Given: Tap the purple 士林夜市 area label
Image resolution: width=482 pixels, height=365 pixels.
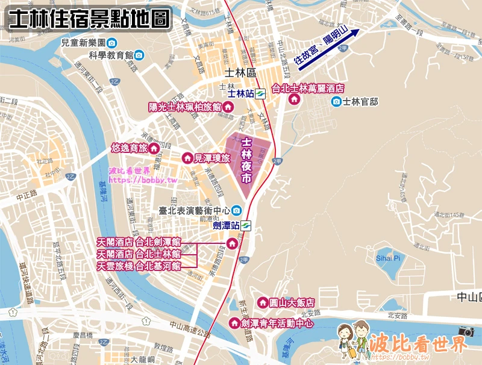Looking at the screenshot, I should [246, 160].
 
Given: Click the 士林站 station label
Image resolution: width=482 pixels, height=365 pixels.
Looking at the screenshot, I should [240, 93].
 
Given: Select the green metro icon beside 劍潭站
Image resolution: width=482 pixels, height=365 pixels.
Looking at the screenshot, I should [246, 226].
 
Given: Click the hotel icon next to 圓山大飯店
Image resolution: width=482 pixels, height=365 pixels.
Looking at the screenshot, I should [262, 302].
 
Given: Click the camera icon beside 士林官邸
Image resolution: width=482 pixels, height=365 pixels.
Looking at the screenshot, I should [336, 102].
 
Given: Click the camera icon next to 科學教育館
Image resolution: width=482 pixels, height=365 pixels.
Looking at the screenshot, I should [139, 55].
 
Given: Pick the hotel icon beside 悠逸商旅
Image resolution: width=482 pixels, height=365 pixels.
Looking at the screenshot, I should [154, 148].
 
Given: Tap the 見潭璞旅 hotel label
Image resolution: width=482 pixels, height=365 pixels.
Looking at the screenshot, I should [211, 158].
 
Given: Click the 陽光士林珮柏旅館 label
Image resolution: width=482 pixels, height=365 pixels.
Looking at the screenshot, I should [184, 107].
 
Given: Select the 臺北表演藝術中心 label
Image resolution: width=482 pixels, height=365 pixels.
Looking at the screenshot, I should [193, 210].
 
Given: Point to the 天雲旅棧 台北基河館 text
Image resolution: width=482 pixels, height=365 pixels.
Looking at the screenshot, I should [139, 265].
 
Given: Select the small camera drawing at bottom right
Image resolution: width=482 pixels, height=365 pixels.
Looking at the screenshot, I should [466, 331].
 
